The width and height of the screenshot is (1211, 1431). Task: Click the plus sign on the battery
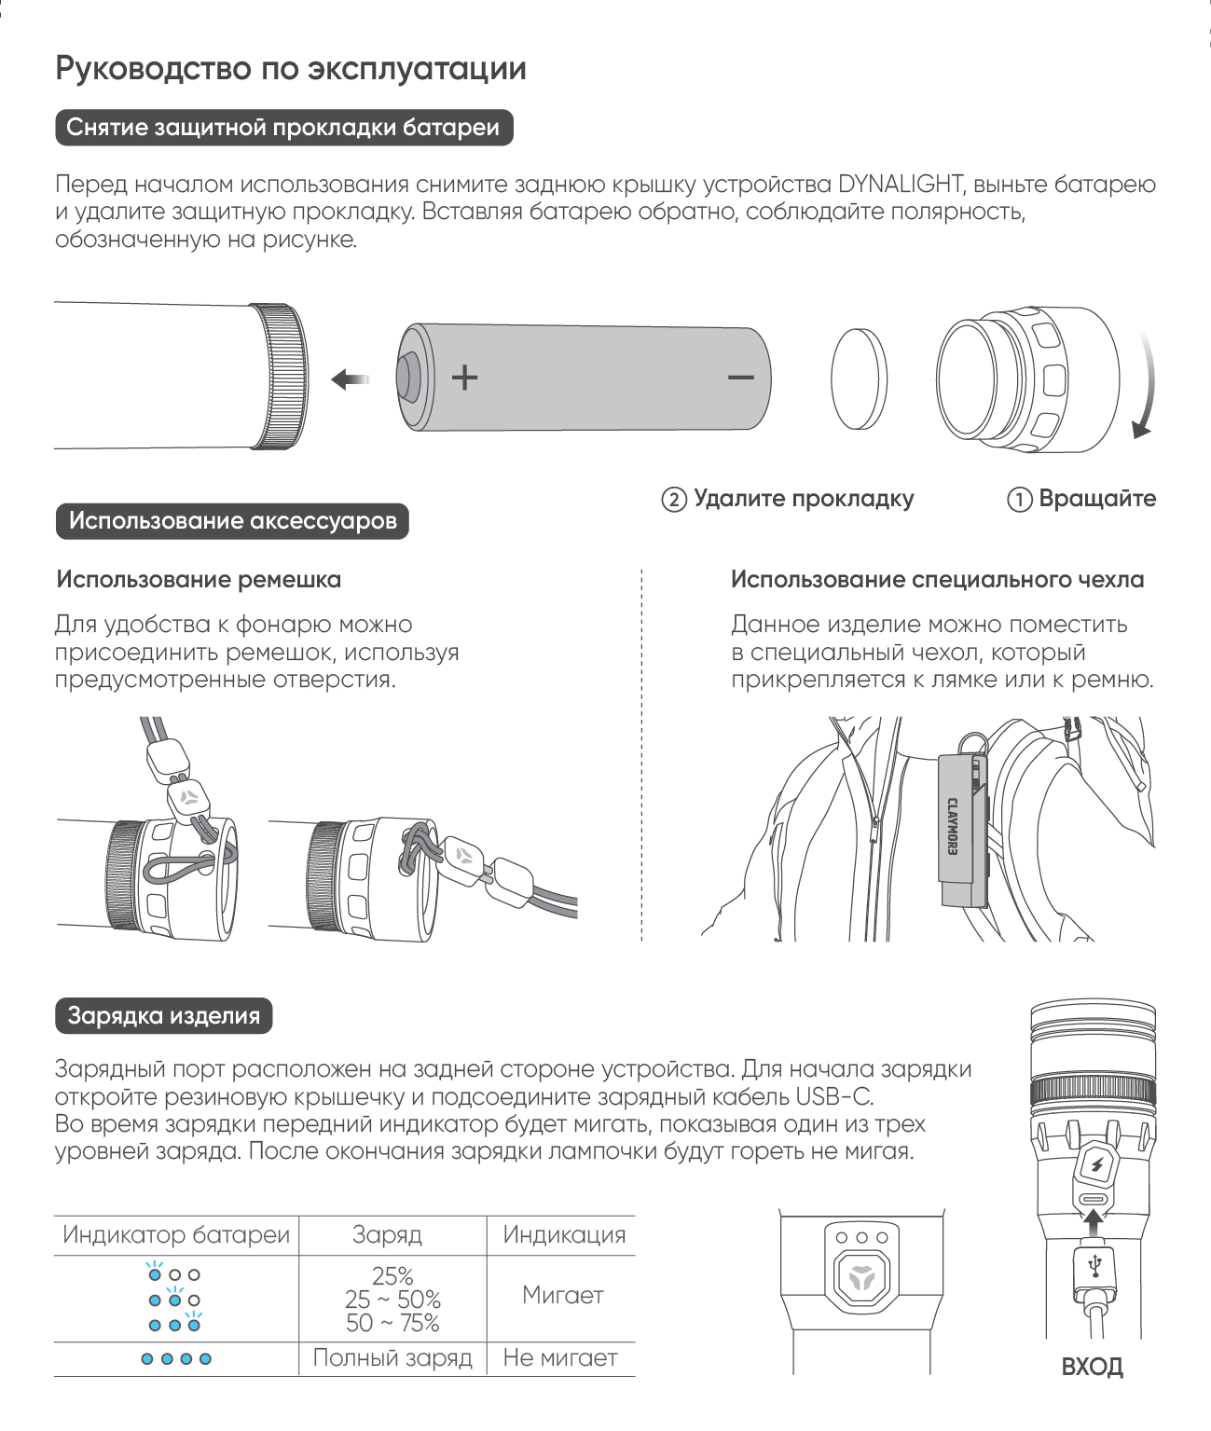click(x=464, y=378)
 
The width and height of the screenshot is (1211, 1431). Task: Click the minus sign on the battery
click(x=741, y=378)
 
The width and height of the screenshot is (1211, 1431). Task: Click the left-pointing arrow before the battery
click(x=350, y=379)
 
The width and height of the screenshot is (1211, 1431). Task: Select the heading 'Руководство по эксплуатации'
click(x=291, y=68)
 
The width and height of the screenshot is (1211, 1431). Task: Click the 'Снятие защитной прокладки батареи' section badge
click(x=283, y=128)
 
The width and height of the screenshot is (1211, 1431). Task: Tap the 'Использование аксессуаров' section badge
click(x=232, y=520)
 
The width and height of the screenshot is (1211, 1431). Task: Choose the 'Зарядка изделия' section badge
click(x=163, y=1015)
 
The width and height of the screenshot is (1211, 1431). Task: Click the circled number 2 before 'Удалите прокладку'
click(x=674, y=500)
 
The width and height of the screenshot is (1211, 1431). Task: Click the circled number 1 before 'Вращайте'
click(x=1019, y=500)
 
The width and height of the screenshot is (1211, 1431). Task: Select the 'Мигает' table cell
click(x=562, y=1295)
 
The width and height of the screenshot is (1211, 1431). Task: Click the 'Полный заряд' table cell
click(x=392, y=1358)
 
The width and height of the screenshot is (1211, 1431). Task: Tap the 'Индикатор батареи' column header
click(x=176, y=1235)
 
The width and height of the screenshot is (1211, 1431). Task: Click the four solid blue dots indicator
click(x=176, y=1359)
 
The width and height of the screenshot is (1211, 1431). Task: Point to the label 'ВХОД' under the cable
click(x=1093, y=1368)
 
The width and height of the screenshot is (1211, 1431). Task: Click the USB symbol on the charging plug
click(x=1094, y=1265)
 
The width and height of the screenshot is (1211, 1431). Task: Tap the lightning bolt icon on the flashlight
click(x=1095, y=1165)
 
